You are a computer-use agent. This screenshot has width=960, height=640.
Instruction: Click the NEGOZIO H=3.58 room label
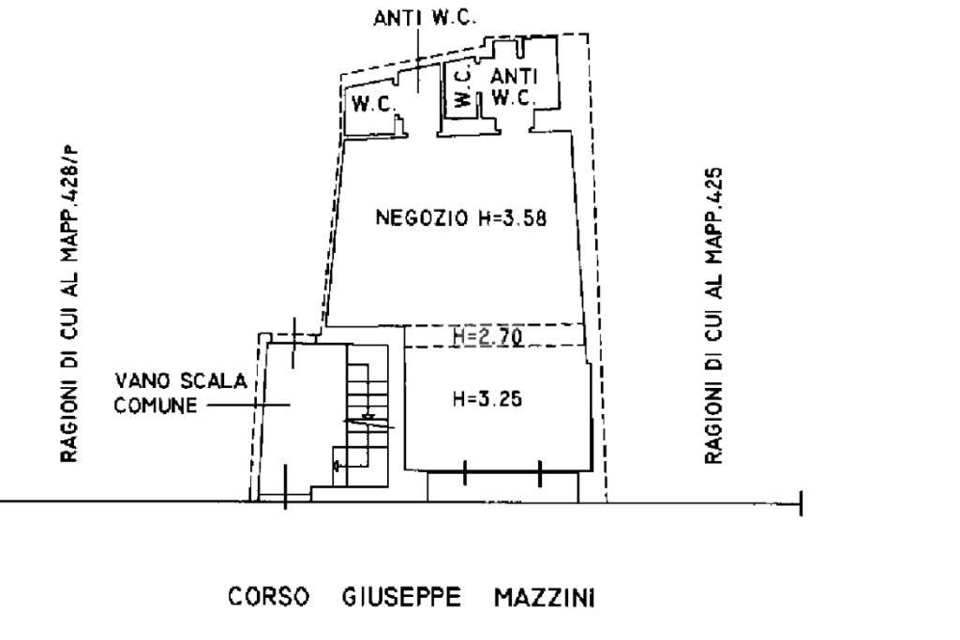tap(460, 218)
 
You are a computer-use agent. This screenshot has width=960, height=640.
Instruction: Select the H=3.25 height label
tap(487, 399)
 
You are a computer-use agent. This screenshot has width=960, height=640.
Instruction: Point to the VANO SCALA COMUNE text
tap(180, 394)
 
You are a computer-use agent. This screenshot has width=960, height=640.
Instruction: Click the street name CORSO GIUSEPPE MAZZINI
tap(411, 597)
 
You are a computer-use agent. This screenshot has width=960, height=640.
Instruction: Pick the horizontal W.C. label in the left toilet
tap(371, 105)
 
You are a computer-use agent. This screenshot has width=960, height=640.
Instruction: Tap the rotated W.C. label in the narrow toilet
tap(461, 87)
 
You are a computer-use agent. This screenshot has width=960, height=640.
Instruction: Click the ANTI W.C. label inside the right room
tap(513, 86)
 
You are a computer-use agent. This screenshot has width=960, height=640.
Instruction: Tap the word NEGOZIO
tap(415, 218)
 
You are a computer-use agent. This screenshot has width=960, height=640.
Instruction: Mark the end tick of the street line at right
tap(800, 503)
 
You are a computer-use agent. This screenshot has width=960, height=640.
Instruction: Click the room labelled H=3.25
tap(497, 431)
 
